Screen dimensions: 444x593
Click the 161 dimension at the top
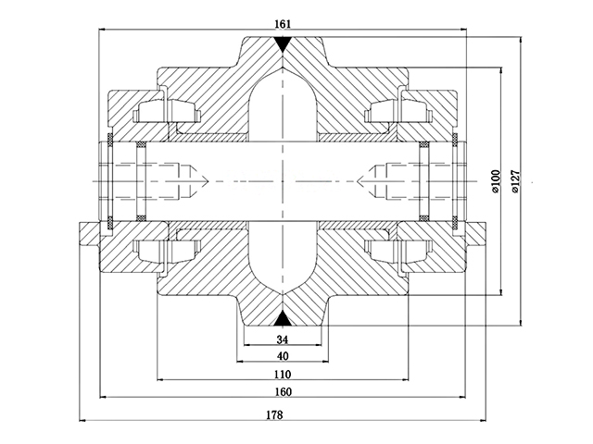tap(283, 25)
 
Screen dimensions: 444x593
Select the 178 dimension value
tap(274, 415)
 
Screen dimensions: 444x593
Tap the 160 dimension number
tap(283, 394)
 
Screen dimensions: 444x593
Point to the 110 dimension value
tap(283, 375)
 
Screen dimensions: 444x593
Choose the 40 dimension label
tap(283, 357)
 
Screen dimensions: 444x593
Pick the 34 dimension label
tap(283, 339)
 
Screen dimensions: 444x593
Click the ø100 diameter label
tap(495, 182)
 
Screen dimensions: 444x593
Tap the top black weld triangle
tap(283, 43)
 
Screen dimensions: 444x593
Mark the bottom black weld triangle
tap(283, 319)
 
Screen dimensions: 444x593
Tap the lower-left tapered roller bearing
tap(168, 250)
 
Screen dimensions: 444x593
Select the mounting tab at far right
tap(477, 236)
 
